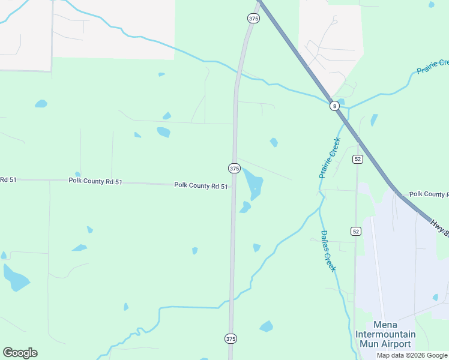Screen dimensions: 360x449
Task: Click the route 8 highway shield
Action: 335,106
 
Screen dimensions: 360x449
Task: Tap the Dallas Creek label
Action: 328,251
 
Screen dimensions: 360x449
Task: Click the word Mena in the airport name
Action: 385,325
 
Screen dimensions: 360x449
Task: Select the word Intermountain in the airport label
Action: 385,334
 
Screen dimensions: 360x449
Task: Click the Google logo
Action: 20,353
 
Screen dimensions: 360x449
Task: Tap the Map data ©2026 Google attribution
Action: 412,355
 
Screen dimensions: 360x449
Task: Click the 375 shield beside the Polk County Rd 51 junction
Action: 234,169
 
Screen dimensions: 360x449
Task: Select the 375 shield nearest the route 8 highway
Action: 253,19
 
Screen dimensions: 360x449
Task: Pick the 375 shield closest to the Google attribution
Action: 231,339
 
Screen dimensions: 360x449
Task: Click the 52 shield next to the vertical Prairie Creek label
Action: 358,159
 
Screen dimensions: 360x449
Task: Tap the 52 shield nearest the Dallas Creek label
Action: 355,231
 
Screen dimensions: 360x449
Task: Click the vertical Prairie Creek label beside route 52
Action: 330,158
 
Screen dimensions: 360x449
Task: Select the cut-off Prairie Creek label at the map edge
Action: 433,67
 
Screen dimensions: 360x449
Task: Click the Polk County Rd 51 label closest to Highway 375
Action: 201,186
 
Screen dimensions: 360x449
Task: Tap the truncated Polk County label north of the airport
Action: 429,194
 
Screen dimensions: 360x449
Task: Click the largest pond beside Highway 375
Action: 253,182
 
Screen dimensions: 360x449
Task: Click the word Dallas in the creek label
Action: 324,240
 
